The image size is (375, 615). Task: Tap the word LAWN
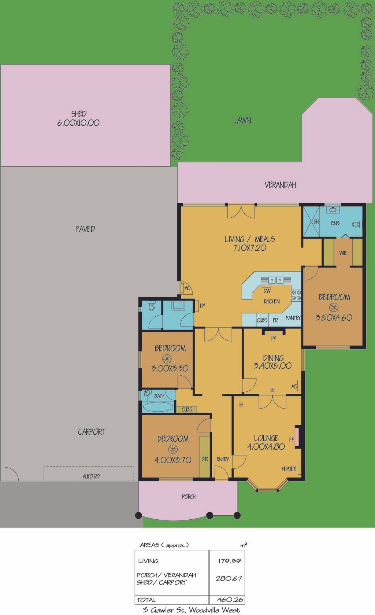coord(242,121)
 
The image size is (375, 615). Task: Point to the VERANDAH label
coord(280,185)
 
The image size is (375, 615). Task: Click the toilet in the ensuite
coord(357,224)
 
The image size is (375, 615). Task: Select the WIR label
coord(343,253)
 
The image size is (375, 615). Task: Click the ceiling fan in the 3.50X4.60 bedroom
coord(333,307)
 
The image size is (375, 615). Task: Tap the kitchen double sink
coord(276,280)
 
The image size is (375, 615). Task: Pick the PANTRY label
coord(293,318)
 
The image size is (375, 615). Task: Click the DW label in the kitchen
coord(267,291)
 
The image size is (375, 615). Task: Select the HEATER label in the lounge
coord(289,469)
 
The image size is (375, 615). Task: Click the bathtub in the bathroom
coord(158,406)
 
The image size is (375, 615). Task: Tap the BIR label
coord(205,459)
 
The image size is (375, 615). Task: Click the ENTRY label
coord(223,459)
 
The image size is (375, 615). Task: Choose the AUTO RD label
coord(91,476)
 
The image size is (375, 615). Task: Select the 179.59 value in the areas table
coord(229,561)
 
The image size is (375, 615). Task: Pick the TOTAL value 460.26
coord(230,600)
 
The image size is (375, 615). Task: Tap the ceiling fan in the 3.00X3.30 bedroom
coord(167,358)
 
